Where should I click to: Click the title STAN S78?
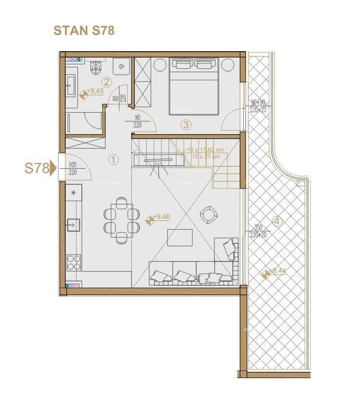(x=83, y=30)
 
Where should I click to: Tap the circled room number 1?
(x=113, y=159)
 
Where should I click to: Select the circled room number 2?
(x=107, y=82)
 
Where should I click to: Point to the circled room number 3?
(x=185, y=124)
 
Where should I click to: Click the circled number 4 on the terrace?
(x=277, y=221)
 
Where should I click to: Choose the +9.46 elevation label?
(x=161, y=217)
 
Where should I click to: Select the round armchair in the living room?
(x=208, y=214)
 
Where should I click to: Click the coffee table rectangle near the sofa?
(x=180, y=237)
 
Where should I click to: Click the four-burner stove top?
(x=74, y=262)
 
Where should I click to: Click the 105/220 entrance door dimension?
(x=74, y=168)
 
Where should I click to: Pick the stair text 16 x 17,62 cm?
(x=205, y=150)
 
